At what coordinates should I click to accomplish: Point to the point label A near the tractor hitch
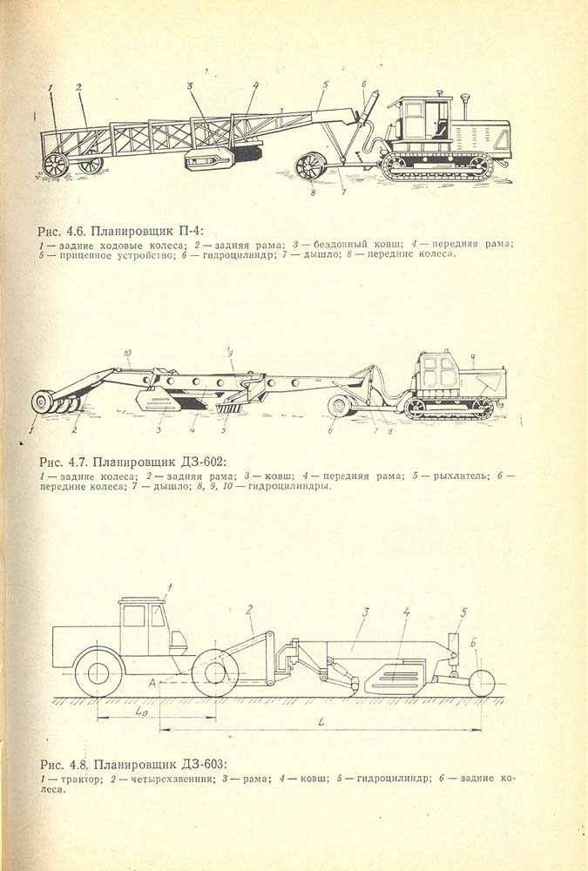click(152, 683)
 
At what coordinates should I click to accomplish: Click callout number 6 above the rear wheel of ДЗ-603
click(474, 644)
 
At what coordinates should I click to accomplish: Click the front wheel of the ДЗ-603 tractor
click(98, 672)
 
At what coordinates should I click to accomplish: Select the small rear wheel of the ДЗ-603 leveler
click(482, 683)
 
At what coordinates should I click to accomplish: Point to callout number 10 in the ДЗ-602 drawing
click(128, 353)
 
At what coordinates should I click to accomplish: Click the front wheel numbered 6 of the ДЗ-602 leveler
click(339, 406)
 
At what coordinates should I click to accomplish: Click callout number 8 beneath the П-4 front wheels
click(313, 192)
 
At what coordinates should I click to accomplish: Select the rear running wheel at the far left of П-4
click(55, 165)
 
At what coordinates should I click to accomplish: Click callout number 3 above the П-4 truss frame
click(190, 86)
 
